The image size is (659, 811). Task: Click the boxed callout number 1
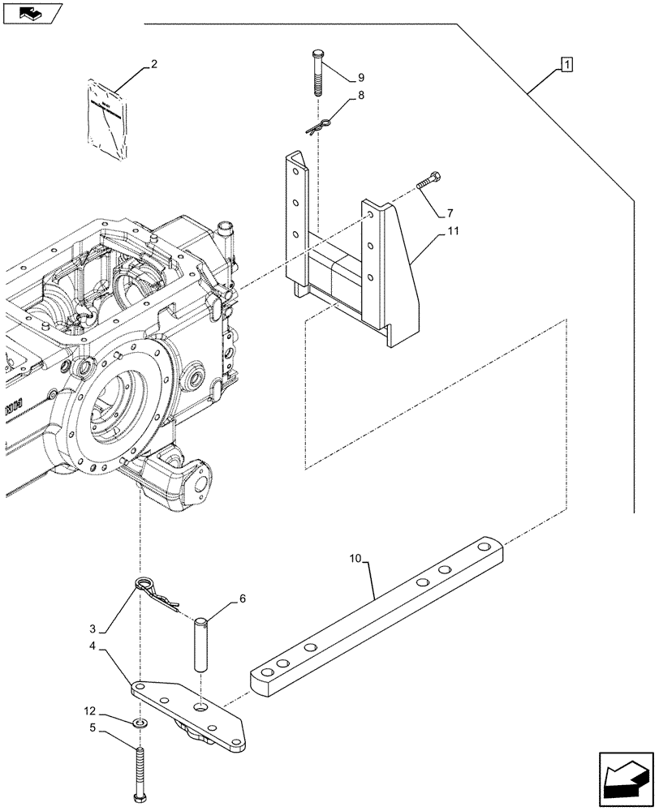[x=566, y=63]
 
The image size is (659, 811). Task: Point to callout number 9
[x=360, y=78]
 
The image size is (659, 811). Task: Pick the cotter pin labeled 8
[x=320, y=127]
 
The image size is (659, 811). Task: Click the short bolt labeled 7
[x=429, y=182]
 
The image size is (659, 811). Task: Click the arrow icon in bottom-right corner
[x=625, y=778]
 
